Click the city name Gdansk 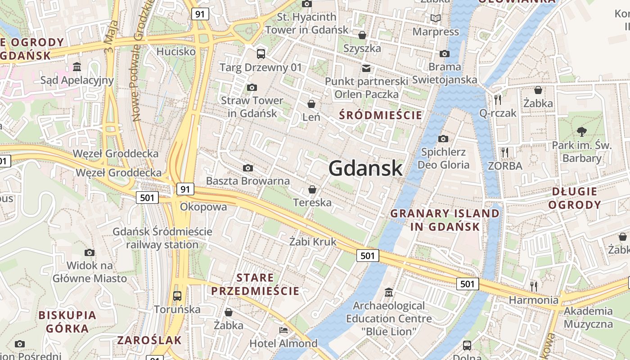(365, 168)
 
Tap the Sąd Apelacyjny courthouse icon (77, 67)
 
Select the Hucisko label (176, 51)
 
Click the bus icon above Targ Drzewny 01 (261, 54)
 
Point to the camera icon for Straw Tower (252, 87)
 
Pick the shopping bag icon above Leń (311, 104)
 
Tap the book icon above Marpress (435, 18)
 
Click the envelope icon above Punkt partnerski (366, 68)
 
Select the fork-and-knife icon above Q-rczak (498, 99)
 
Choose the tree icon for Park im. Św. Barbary (582, 132)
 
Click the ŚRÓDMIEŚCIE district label (381, 115)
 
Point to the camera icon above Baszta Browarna (247, 168)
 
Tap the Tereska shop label (312, 202)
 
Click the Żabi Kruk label (313, 242)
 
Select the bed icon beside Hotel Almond (283, 330)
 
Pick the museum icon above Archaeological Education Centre (388, 293)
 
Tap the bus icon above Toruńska (177, 296)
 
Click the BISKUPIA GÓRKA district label (67, 322)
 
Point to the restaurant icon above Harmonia (534, 286)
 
